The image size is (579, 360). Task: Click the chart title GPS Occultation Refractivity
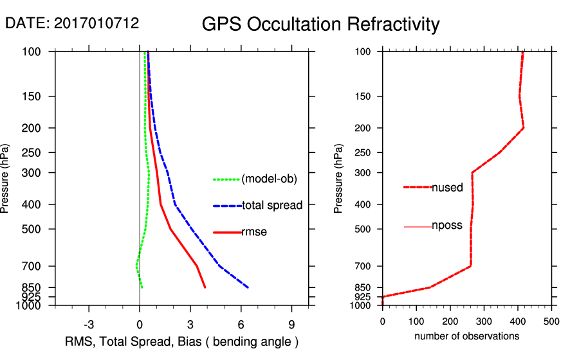tap(320, 24)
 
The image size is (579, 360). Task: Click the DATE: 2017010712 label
tap(72, 24)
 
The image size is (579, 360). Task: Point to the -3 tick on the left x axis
tap(89, 324)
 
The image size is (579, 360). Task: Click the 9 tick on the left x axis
tap(291, 324)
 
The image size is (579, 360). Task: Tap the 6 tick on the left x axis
tap(241, 324)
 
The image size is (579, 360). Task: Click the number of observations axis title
tap(466, 336)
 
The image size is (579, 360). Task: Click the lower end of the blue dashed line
tap(248, 287)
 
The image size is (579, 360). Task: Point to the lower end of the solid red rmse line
tap(205, 287)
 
